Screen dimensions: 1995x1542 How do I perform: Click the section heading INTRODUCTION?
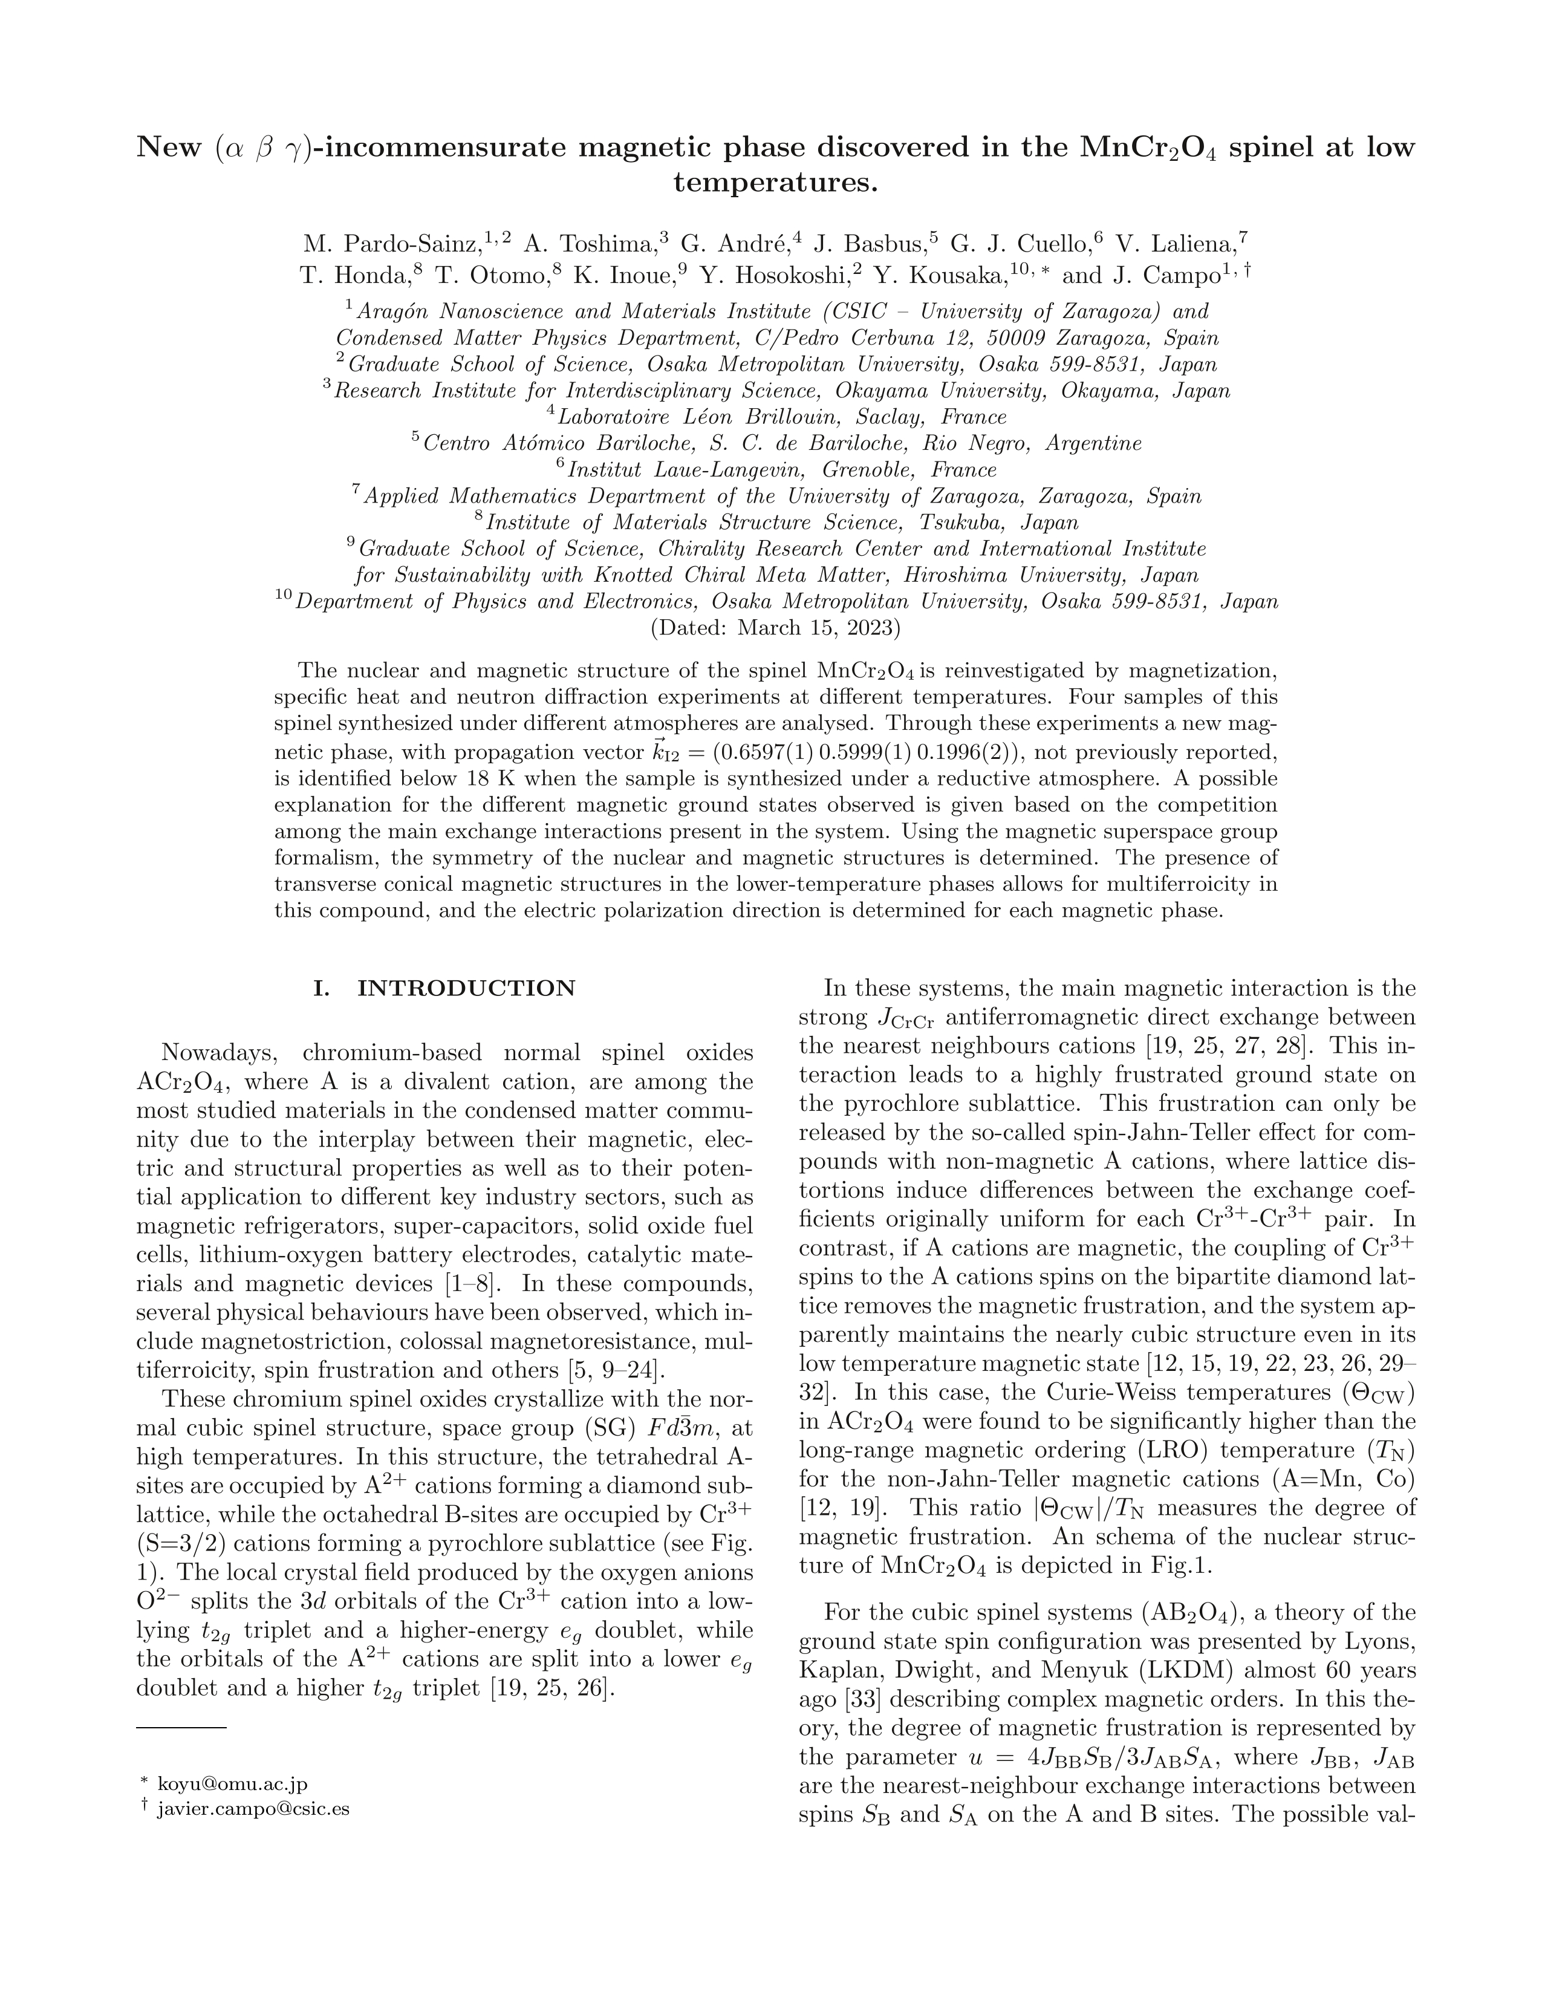466,988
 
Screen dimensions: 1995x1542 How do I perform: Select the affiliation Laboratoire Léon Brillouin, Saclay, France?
782,417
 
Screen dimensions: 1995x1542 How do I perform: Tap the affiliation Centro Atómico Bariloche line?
782,444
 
